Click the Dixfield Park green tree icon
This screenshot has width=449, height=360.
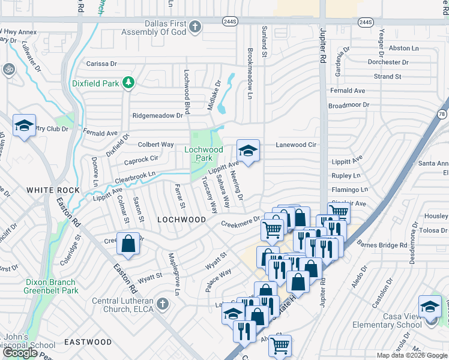pos(127,83)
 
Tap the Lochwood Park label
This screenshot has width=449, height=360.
pos(203,154)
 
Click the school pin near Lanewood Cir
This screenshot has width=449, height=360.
pos(248,150)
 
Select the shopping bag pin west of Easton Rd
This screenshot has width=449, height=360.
pos(128,244)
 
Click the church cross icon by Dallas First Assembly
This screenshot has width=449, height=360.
pos(195,27)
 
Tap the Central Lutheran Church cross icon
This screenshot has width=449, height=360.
pos(160,304)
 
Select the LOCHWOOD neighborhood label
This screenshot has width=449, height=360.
pos(181,220)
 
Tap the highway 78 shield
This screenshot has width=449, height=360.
pos(442,113)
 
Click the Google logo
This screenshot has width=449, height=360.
pos(20,353)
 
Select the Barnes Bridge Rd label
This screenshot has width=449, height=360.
pos(382,245)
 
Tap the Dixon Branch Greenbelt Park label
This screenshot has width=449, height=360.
pos(51,286)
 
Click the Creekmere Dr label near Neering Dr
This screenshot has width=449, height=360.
pos(240,222)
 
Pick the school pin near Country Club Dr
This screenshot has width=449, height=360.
pos(24,126)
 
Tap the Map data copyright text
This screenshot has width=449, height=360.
pos(411,355)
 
